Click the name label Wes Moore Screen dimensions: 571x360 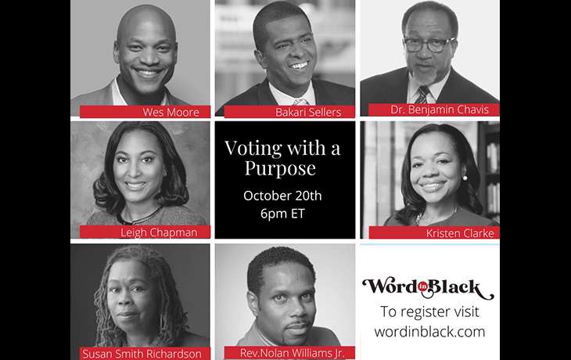[x=171, y=112]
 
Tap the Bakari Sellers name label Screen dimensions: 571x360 [x=308, y=112]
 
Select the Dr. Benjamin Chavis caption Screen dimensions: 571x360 [x=439, y=110]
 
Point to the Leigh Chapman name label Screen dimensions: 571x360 [x=159, y=232]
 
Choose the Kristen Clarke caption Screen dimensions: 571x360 [x=460, y=233]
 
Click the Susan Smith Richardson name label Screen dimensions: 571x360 [x=142, y=354]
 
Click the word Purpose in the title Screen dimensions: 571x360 [x=280, y=168]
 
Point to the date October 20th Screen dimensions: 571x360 [x=282, y=196]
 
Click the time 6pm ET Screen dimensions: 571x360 [x=282, y=213]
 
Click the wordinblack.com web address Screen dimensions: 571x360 [x=429, y=332]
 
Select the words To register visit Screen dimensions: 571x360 [x=429, y=312]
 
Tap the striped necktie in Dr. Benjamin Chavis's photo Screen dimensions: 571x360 [x=422, y=95]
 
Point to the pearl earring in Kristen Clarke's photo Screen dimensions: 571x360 [x=465, y=178]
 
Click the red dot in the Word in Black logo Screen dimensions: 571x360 [x=423, y=287]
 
